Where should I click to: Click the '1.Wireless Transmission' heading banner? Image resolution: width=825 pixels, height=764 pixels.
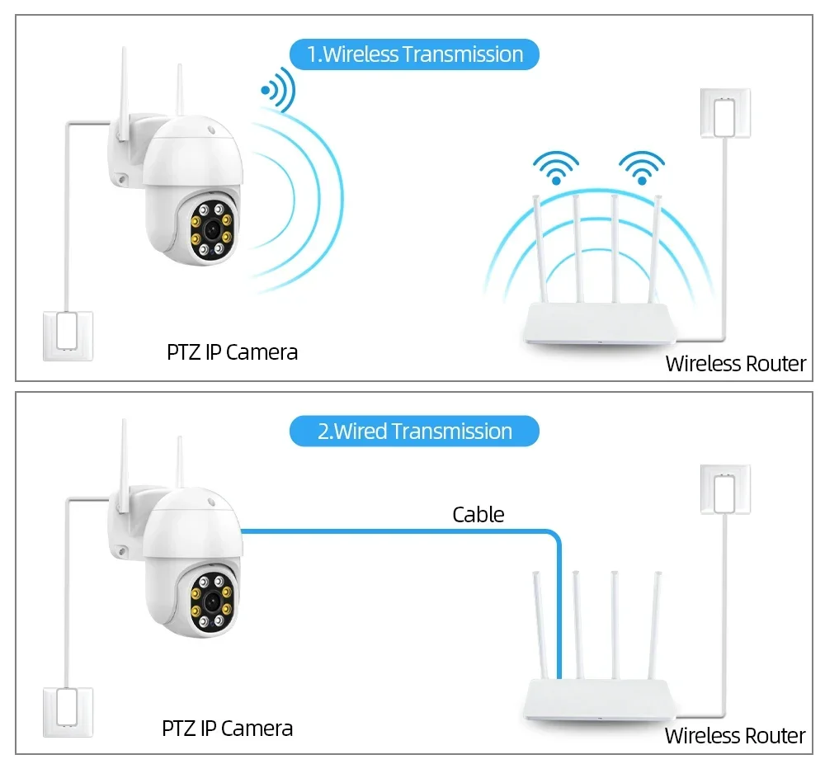[414, 54]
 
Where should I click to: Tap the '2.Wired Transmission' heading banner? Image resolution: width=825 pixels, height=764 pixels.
[414, 432]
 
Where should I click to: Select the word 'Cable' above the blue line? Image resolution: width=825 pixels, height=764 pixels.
[478, 515]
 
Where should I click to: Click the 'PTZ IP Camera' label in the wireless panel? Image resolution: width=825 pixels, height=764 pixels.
[232, 352]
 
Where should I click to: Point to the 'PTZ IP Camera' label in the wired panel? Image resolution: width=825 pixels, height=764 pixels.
[227, 729]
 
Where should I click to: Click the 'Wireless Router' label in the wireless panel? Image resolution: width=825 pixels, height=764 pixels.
[735, 364]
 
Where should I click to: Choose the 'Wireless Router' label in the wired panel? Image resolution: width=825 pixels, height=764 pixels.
[735, 736]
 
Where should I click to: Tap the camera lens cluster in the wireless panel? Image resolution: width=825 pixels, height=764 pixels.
[211, 230]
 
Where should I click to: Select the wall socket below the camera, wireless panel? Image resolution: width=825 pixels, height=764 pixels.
[68, 333]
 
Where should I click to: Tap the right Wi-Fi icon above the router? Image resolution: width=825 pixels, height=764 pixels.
[642, 167]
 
